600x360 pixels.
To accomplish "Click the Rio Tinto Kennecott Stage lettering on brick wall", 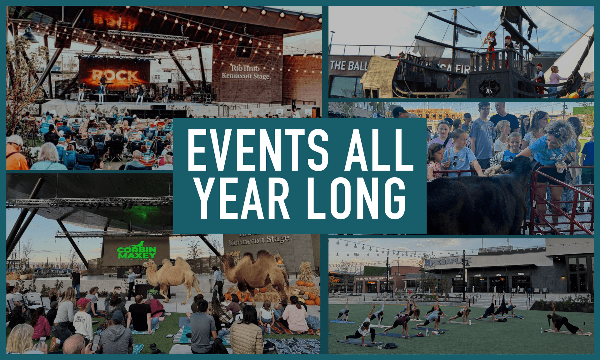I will pyautogui.click(x=246, y=72).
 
